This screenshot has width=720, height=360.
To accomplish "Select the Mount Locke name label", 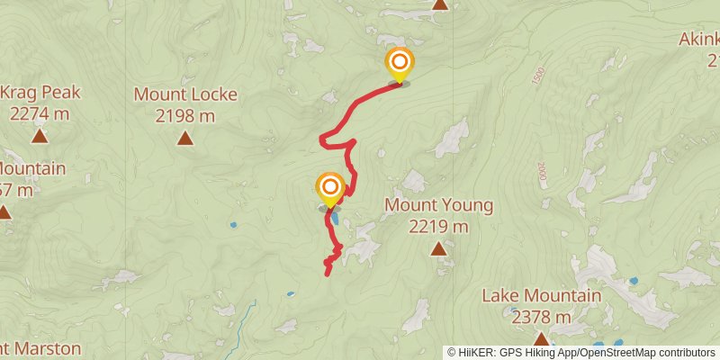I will (x=185, y=94).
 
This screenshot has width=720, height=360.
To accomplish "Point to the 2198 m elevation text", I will (x=185, y=115).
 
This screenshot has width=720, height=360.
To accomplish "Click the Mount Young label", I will (x=438, y=205).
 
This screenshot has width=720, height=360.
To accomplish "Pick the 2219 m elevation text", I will (x=438, y=227).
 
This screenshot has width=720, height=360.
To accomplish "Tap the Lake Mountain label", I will (x=541, y=295).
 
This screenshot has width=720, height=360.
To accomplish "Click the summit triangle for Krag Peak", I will (x=40, y=137).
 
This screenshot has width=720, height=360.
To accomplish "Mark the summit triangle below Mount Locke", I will (x=185, y=138).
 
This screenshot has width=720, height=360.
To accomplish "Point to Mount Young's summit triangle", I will (x=438, y=248).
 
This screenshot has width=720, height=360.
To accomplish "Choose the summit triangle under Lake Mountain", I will (x=541, y=339).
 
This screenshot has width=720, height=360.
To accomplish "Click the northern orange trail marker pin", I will (x=399, y=63).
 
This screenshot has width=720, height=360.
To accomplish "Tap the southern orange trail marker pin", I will (x=330, y=187).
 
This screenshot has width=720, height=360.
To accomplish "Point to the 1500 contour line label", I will (x=538, y=77).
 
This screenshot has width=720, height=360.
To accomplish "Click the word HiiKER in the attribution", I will (x=476, y=352).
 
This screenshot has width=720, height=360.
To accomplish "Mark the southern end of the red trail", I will (x=326, y=272).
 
